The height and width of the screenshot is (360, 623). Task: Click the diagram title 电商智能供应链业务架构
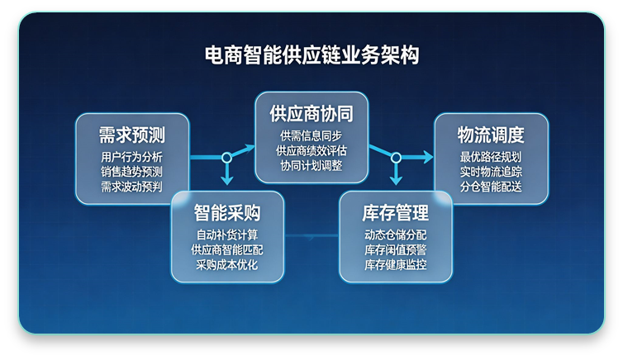click(x=311, y=56)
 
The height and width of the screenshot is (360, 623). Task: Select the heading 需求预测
click(x=132, y=135)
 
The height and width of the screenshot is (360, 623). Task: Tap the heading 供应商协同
click(x=310, y=113)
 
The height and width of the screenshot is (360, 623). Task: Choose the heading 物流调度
click(x=491, y=135)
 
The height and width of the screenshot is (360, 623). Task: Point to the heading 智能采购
click(x=227, y=213)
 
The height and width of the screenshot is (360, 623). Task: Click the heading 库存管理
click(x=396, y=213)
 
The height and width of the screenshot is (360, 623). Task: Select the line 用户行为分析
click(x=132, y=157)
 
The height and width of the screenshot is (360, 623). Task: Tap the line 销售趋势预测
click(x=132, y=172)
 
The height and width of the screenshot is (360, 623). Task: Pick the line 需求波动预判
click(x=132, y=187)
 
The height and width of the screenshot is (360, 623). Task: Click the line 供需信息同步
click(x=310, y=135)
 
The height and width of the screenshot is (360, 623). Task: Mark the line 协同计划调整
click(x=310, y=165)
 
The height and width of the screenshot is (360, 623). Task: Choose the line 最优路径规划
click(x=491, y=157)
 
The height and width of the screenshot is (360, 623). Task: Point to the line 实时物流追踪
click(x=491, y=172)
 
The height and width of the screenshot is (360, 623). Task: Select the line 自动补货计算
click(x=227, y=234)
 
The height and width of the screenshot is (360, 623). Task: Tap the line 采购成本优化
click(x=227, y=264)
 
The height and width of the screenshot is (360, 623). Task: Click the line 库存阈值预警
click(x=396, y=249)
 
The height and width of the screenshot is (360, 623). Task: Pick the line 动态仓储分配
click(x=396, y=234)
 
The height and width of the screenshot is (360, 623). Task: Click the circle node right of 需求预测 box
click(x=226, y=157)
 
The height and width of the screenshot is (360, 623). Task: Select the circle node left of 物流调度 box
click(x=396, y=157)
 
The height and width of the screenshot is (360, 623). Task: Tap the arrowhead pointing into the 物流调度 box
click(x=428, y=157)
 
